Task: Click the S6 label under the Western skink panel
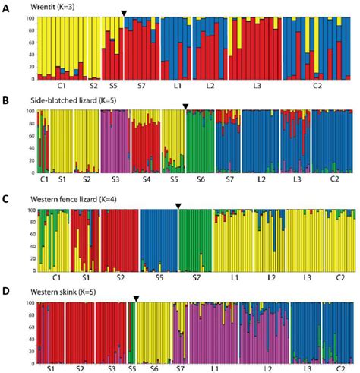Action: point(154,368)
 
